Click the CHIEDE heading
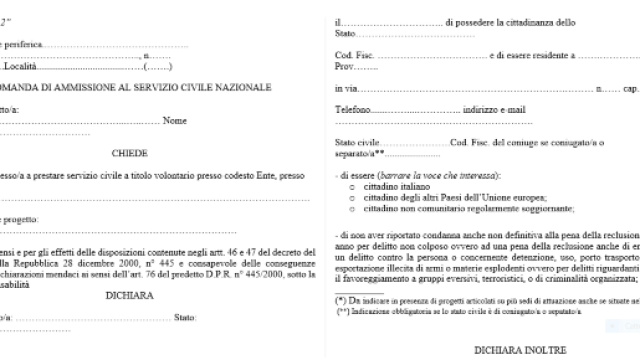point(129,153)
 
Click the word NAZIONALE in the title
point(241,87)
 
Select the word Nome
point(175,121)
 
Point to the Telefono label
point(352,108)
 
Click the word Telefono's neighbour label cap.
point(630,88)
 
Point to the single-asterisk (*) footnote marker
point(341,300)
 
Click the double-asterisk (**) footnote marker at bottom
point(343,311)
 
